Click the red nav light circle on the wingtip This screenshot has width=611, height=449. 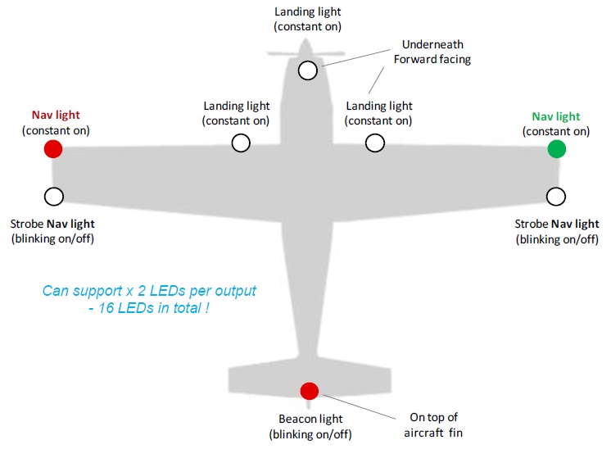coord(53,149)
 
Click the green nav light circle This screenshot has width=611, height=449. coord(556,149)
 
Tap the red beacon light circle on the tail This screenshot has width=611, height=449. coord(310,391)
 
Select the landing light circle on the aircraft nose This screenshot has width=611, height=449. coord(308,70)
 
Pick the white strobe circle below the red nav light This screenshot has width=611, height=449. coord(54,197)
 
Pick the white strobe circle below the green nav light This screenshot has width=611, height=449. coord(556,197)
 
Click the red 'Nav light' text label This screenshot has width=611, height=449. coord(56,115)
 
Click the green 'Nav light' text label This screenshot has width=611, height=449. coord(556,116)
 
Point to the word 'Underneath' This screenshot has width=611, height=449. coord(432,44)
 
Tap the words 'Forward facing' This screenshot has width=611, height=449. coord(432,59)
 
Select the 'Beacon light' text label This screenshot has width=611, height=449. coord(310,419)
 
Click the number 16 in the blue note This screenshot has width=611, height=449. coord(106,308)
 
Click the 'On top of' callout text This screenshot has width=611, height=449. coord(434,417)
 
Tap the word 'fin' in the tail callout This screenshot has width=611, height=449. coord(455,433)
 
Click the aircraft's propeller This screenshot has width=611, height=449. coord(305,52)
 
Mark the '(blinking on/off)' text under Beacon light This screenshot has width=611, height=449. coord(310,434)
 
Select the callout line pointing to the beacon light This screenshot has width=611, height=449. coord(360,407)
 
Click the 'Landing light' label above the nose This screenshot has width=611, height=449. coord(308,11)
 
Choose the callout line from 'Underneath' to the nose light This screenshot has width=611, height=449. coord(356,57)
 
